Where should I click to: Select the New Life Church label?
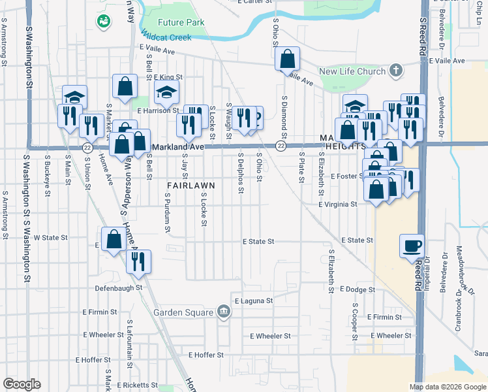[x=352, y=71]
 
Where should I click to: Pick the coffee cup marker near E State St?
[x=412, y=246]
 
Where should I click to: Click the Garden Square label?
[x=183, y=312]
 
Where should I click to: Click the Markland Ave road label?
[x=178, y=147]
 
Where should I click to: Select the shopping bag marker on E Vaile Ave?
[x=287, y=59]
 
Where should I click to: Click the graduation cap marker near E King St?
[x=166, y=92]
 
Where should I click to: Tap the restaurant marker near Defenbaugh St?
[x=138, y=262]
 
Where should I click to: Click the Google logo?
[x=22, y=384]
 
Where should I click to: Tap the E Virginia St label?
[x=337, y=204]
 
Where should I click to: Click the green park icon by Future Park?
[x=103, y=22]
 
